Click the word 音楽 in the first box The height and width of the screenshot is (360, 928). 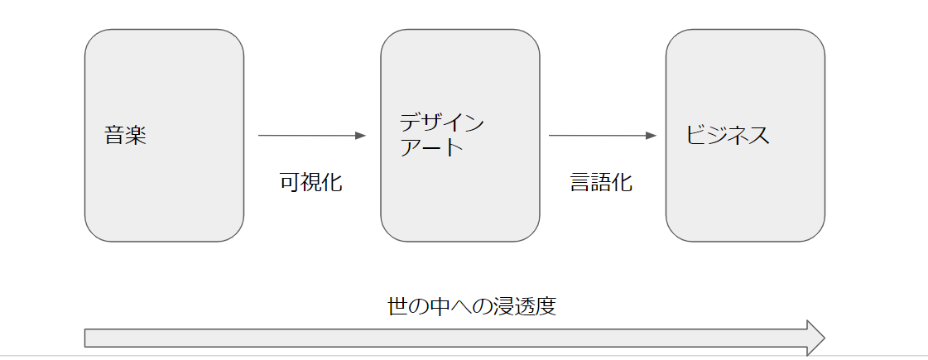[125, 136]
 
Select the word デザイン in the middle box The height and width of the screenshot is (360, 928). [441, 124]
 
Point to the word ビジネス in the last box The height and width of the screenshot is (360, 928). [728, 136]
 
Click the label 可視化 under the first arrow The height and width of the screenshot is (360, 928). [310, 183]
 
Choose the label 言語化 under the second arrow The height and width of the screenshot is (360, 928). [601, 183]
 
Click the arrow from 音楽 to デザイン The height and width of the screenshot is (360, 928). [310, 136]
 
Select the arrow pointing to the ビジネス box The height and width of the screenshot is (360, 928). [601, 136]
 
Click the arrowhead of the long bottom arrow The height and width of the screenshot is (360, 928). [815, 338]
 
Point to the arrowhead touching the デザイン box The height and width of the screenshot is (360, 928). [360, 136]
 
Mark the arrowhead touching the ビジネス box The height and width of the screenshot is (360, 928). [652, 136]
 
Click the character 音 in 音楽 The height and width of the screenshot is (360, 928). [115, 136]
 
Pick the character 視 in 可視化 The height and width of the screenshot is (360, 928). [310, 183]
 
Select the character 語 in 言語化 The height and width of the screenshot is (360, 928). [601, 183]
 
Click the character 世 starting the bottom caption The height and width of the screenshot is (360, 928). [398, 307]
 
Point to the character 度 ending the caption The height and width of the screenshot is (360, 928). [545, 307]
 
